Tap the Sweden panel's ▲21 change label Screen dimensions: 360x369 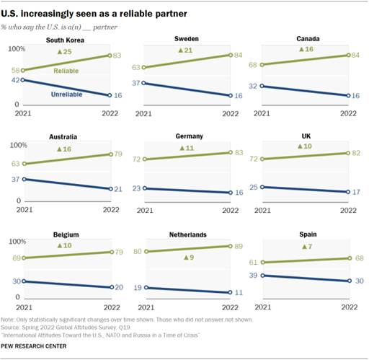(x=186, y=50)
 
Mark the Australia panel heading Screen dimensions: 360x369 (x=66, y=136)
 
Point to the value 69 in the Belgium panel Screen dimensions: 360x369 (x=17, y=258)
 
